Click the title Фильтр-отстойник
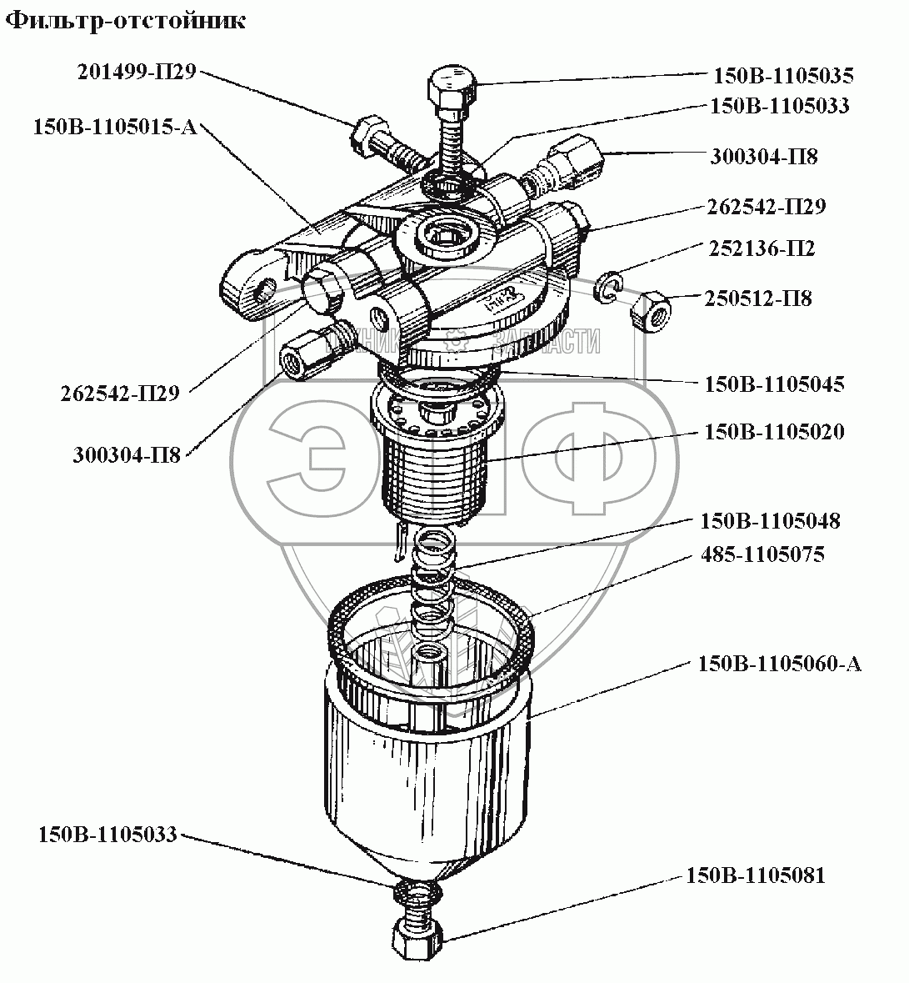coord(127,22)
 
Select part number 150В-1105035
coord(783,76)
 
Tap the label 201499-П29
coord(136,72)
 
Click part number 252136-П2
coord(762,248)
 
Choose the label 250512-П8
coord(757,298)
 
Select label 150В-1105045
coord(774,384)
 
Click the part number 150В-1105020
coord(774,432)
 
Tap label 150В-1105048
coord(770,521)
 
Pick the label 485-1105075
coord(762,554)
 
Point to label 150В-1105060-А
coord(779,664)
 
